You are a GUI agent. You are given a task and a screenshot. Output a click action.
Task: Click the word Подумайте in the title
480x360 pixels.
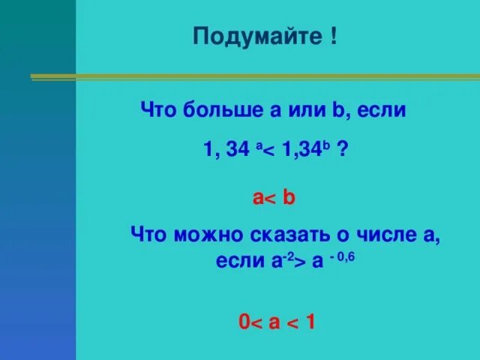click(256, 37)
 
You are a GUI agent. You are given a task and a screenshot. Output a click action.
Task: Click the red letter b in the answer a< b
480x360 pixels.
click(289, 197)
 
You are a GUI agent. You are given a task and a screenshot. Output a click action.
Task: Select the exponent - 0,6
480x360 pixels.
click(340, 255)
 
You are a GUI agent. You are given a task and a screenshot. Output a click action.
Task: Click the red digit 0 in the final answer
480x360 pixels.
click(244, 323)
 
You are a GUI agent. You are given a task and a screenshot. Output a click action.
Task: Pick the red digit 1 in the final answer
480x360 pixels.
click(310, 323)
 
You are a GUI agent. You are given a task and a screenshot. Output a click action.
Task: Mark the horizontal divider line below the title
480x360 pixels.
click(255, 76)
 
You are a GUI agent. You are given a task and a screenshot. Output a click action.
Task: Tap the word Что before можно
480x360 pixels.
click(148, 234)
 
